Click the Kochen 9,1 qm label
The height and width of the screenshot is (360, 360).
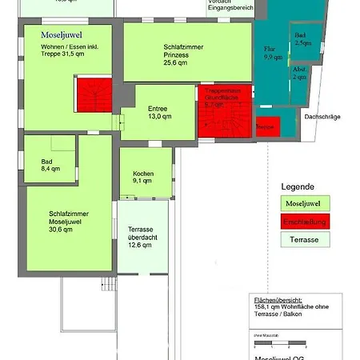point(143,177)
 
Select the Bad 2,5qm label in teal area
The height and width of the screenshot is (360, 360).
point(302,39)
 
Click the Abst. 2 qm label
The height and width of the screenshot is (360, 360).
point(299,74)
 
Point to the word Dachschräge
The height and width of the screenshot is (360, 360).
point(322,117)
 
